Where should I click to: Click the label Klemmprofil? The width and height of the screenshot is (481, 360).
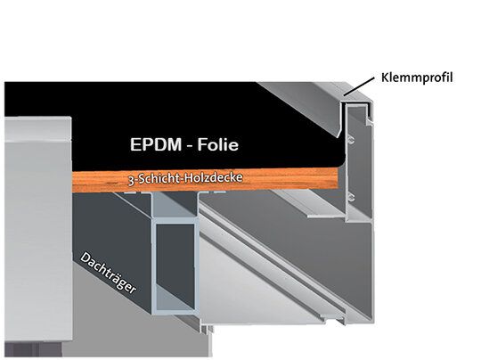[417, 78]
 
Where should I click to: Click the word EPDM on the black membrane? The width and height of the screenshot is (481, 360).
[156, 144]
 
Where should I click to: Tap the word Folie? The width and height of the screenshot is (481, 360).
[218, 144]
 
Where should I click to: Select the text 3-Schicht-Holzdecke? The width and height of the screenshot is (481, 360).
[185, 178]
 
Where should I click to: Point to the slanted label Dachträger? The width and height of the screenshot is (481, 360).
[108, 274]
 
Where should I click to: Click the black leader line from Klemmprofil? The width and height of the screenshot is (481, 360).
[359, 86]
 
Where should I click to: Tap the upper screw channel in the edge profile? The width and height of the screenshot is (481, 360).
[350, 140]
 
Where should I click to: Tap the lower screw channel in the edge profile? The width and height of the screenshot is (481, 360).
[350, 197]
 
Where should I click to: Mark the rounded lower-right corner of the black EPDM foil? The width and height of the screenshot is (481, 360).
[340, 163]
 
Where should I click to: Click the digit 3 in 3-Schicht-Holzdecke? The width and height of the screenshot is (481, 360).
[131, 181]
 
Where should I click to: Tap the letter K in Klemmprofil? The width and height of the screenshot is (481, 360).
[385, 78]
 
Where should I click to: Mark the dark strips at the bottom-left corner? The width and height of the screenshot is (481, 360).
[33, 349]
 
